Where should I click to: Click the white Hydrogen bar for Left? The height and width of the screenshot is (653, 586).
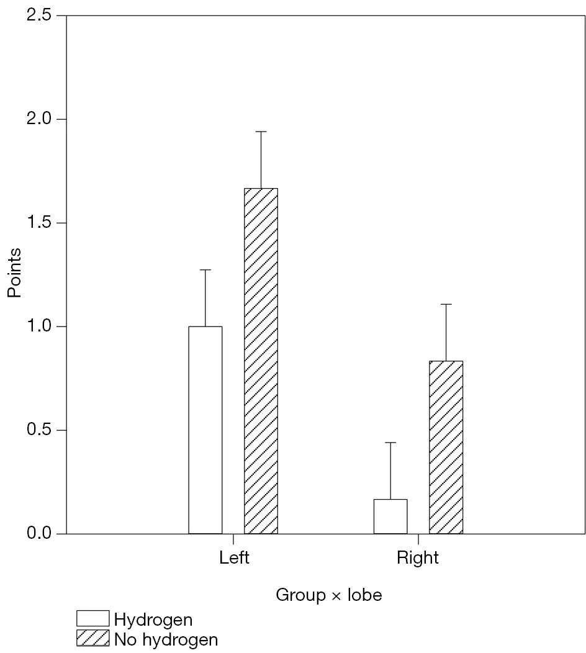coord(205,430)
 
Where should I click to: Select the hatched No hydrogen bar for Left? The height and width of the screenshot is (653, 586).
coord(261,361)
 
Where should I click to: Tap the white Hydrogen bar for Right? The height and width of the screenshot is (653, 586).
coord(390,516)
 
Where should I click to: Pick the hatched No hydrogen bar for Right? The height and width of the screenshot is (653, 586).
coord(446,447)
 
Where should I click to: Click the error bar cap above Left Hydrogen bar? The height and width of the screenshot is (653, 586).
coord(205,270)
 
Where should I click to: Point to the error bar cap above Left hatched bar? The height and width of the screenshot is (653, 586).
coord(261,132)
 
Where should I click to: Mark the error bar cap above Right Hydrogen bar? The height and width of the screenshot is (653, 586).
coord(390,443)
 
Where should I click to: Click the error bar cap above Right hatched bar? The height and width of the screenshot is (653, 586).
coord(446,304)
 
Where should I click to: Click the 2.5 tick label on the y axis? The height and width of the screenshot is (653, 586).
coord(39,15)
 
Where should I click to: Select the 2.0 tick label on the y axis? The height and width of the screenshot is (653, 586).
coord(39,119)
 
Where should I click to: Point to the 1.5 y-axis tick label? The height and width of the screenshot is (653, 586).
coord(39,222)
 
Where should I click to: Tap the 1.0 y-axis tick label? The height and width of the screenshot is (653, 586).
coord(39,326)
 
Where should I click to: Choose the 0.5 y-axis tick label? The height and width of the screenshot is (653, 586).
coord(39,430)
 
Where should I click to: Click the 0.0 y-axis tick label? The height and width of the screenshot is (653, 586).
coord(39,533)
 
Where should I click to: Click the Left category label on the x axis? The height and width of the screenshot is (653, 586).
coord(234,557)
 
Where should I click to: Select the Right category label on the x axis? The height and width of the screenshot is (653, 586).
coord(418,557)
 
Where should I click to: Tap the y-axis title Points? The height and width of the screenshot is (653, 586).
coord(14,273)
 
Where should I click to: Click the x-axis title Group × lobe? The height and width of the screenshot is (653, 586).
coord(328,595)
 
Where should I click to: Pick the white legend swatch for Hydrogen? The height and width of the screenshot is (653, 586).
coord(92,619)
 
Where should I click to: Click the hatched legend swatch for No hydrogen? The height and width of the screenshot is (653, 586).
coord(92,638)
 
